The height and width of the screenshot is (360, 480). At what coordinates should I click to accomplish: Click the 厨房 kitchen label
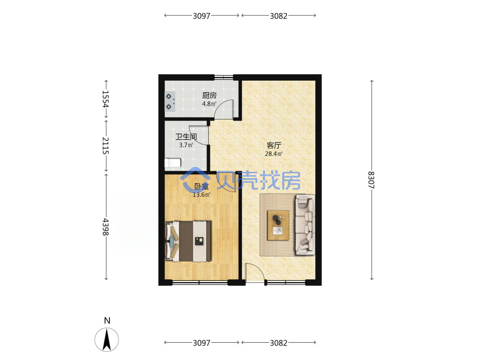pos(209,96)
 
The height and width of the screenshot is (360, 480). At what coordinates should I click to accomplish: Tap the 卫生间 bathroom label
pos(186,137)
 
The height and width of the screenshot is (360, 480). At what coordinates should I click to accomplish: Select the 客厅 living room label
pos(274,145)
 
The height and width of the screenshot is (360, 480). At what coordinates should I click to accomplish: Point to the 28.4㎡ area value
pos(274,154)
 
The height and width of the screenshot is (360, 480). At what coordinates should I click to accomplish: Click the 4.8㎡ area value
pos(209,104)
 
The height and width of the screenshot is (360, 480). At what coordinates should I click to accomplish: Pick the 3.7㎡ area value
pos(186,145)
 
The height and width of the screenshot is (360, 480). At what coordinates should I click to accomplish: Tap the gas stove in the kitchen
pos(170,101)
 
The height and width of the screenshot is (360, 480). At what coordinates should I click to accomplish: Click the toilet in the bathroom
pos(173,163)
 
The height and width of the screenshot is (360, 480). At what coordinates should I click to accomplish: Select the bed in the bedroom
pos(188,241)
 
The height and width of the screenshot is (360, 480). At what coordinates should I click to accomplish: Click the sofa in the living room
pos(305,225)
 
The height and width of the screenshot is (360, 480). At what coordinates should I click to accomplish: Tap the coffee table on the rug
pos(278,225)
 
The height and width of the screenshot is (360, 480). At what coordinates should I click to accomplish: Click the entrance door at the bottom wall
pos(255,273)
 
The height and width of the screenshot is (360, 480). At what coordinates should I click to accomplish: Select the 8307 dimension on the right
pos(372,180)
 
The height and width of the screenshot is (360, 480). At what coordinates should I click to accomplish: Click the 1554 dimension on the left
pos(106,99)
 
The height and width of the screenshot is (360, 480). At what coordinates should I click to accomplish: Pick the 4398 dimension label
pos(106,227)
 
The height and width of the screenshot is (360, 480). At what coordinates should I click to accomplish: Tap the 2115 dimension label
pos(106,146)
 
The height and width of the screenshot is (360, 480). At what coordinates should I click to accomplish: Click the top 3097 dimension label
pos(202,16)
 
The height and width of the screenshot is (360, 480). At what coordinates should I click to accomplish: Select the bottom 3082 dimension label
pos(278,343)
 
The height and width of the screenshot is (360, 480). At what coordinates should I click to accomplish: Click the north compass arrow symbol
pos(107,339)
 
